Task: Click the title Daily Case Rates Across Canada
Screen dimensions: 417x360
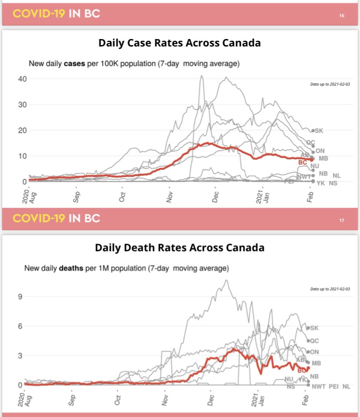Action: [x=180, y=43]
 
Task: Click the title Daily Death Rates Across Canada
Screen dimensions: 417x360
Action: [x=180, y=248]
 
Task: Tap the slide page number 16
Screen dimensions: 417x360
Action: [x=342, y=16]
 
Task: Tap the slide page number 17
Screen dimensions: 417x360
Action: [x=342, y=220]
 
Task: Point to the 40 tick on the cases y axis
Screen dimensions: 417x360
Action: [x=22, y=79]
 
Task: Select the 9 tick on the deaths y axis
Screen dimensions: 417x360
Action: [x=20, y=297]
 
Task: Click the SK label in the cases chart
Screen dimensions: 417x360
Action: [x=319, y=131]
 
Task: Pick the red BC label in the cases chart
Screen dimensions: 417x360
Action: [x=303, y=162]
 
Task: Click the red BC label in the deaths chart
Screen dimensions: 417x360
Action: [x=302, y=371]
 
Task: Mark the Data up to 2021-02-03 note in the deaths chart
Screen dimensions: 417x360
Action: [x=330, y=289]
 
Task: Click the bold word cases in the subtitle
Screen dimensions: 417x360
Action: [x=73, y=64]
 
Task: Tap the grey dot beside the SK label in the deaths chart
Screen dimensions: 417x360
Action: [x=308, y=328]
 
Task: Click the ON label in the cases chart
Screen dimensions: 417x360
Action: [x=320, y=151]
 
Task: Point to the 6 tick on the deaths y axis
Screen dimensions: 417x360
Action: [x=20, y=326]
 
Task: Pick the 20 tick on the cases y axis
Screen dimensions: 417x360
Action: [x=22, y=130]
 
